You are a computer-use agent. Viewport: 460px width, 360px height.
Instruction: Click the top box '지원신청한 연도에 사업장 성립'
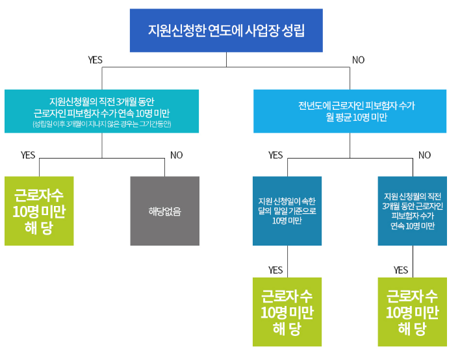(226, 31)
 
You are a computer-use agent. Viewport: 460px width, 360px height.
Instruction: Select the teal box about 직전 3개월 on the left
(101, 111)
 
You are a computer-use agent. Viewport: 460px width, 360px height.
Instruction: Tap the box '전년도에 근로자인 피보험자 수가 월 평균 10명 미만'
(350, 111)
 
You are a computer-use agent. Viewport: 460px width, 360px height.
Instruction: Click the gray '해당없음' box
(164, 211)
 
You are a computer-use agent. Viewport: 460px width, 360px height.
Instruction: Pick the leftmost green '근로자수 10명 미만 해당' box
(39, 211)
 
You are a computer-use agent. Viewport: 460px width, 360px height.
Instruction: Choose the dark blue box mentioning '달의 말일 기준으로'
(287, 211)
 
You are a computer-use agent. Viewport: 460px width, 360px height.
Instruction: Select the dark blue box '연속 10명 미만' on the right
(413, 211)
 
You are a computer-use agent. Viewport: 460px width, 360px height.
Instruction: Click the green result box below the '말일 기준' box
(287, 312)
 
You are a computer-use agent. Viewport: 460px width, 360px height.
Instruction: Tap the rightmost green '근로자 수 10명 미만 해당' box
(412, 312)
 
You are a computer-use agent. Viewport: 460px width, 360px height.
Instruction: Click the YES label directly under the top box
(96, 60)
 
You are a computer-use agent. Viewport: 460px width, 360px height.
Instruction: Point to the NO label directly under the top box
(358, 60)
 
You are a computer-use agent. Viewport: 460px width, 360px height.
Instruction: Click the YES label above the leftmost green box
(28, 155)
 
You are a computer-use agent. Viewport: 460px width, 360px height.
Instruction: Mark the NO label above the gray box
(176, 155)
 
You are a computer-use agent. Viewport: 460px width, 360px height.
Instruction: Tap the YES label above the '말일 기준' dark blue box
(275, 155)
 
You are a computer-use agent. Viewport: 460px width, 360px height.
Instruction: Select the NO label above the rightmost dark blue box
(424, 155)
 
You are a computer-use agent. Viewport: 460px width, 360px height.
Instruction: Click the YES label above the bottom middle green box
(275, 270)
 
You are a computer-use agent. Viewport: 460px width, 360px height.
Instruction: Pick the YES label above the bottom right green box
(401, 270)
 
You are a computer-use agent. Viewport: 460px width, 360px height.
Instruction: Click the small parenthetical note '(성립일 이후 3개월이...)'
(101, 123)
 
